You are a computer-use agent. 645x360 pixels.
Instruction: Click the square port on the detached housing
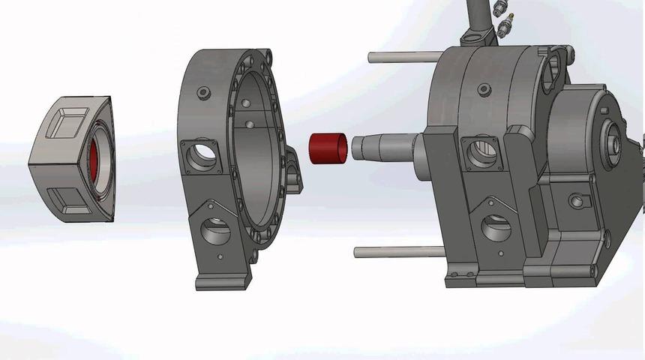pyautogui.click(x=202, y=156)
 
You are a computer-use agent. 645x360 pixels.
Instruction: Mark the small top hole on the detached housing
pyautogui.click(x=201, y=93)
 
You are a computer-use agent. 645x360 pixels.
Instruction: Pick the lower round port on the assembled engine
pyautogui.click(x=496, y=228)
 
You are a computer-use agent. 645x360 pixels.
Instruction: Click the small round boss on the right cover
pyautogui.click(x=576, y=200)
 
